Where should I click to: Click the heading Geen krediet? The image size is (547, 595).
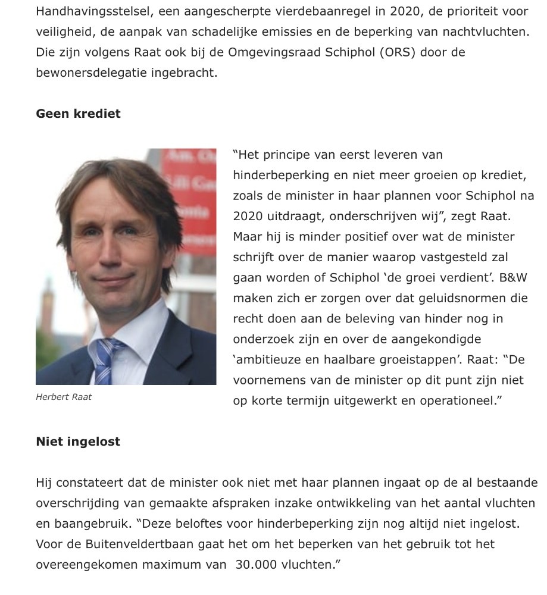(x=78, y=114)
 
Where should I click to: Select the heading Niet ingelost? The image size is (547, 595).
(x=78, y=441)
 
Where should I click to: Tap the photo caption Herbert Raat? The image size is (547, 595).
(x=64, y=397)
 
